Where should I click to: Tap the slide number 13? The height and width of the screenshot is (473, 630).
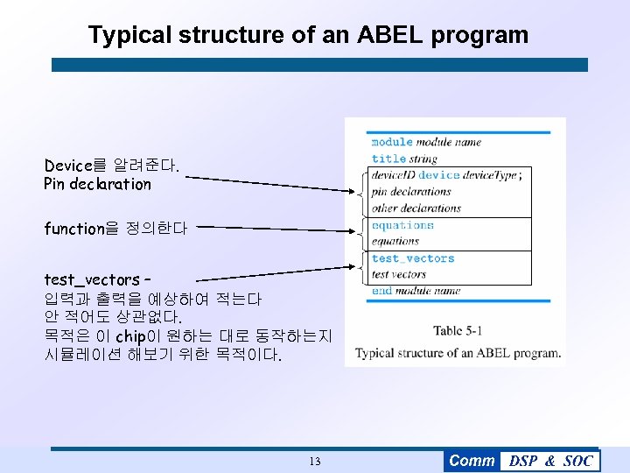tap(315, 462)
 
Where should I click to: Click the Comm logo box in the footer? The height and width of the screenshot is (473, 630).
tap(472, 461)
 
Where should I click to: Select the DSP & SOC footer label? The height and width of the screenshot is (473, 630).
tap(550, 462)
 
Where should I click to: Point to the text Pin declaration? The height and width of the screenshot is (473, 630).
tap(97, 184)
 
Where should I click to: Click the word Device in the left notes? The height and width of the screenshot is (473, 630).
tap(67, 165)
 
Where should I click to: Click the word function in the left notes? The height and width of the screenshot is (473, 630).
tap(74, 229)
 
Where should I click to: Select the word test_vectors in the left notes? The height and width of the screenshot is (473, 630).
tap(91, 280)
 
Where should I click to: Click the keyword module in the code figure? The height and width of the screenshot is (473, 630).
tap(392, 142)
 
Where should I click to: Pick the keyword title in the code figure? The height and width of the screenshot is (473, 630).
tap(388, 159)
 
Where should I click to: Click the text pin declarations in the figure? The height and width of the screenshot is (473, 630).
tap(410, 192)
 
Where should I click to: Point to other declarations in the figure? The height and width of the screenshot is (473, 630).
tap(416, 208)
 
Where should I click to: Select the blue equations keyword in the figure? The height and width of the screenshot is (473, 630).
tap(402, 225)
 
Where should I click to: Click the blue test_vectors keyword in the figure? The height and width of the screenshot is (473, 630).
tap(413, 258)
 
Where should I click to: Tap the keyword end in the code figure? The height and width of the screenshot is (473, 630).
tap(381, 291)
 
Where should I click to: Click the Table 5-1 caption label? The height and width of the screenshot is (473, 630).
tap(458, 330)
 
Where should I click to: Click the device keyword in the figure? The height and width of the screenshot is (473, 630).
tap(439, 175)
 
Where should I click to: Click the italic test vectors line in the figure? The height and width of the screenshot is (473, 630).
tap(398, 274)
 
